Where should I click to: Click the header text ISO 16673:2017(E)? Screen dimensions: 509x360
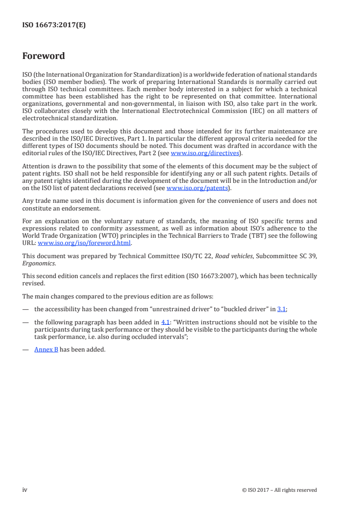click(x=54, y=25)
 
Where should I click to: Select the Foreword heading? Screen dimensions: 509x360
click(x=44, y=56)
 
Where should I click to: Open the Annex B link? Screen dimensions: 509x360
click(x=46, y=350)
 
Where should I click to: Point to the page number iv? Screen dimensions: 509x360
click(x=25, y=489)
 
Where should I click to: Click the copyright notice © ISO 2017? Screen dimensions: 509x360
click(x=280, y=490)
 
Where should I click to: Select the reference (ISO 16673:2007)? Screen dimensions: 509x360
click(x=207, y=276)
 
